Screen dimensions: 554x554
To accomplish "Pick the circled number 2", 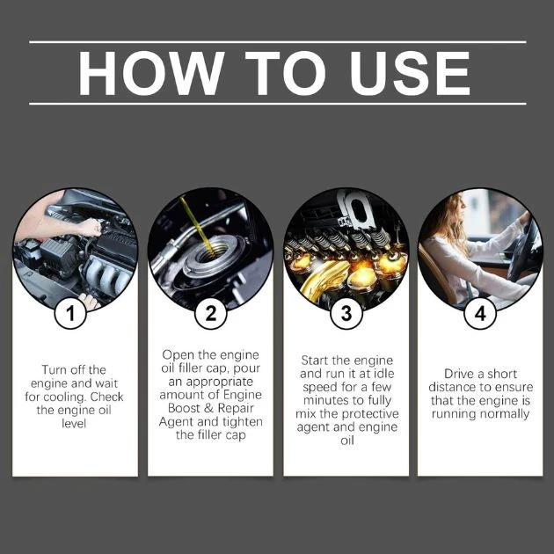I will [209, 314].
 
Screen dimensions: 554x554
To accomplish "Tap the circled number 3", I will [345, 314].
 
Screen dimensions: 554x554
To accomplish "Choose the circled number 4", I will [480, 314].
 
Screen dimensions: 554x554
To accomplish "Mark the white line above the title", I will [277, 41].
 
